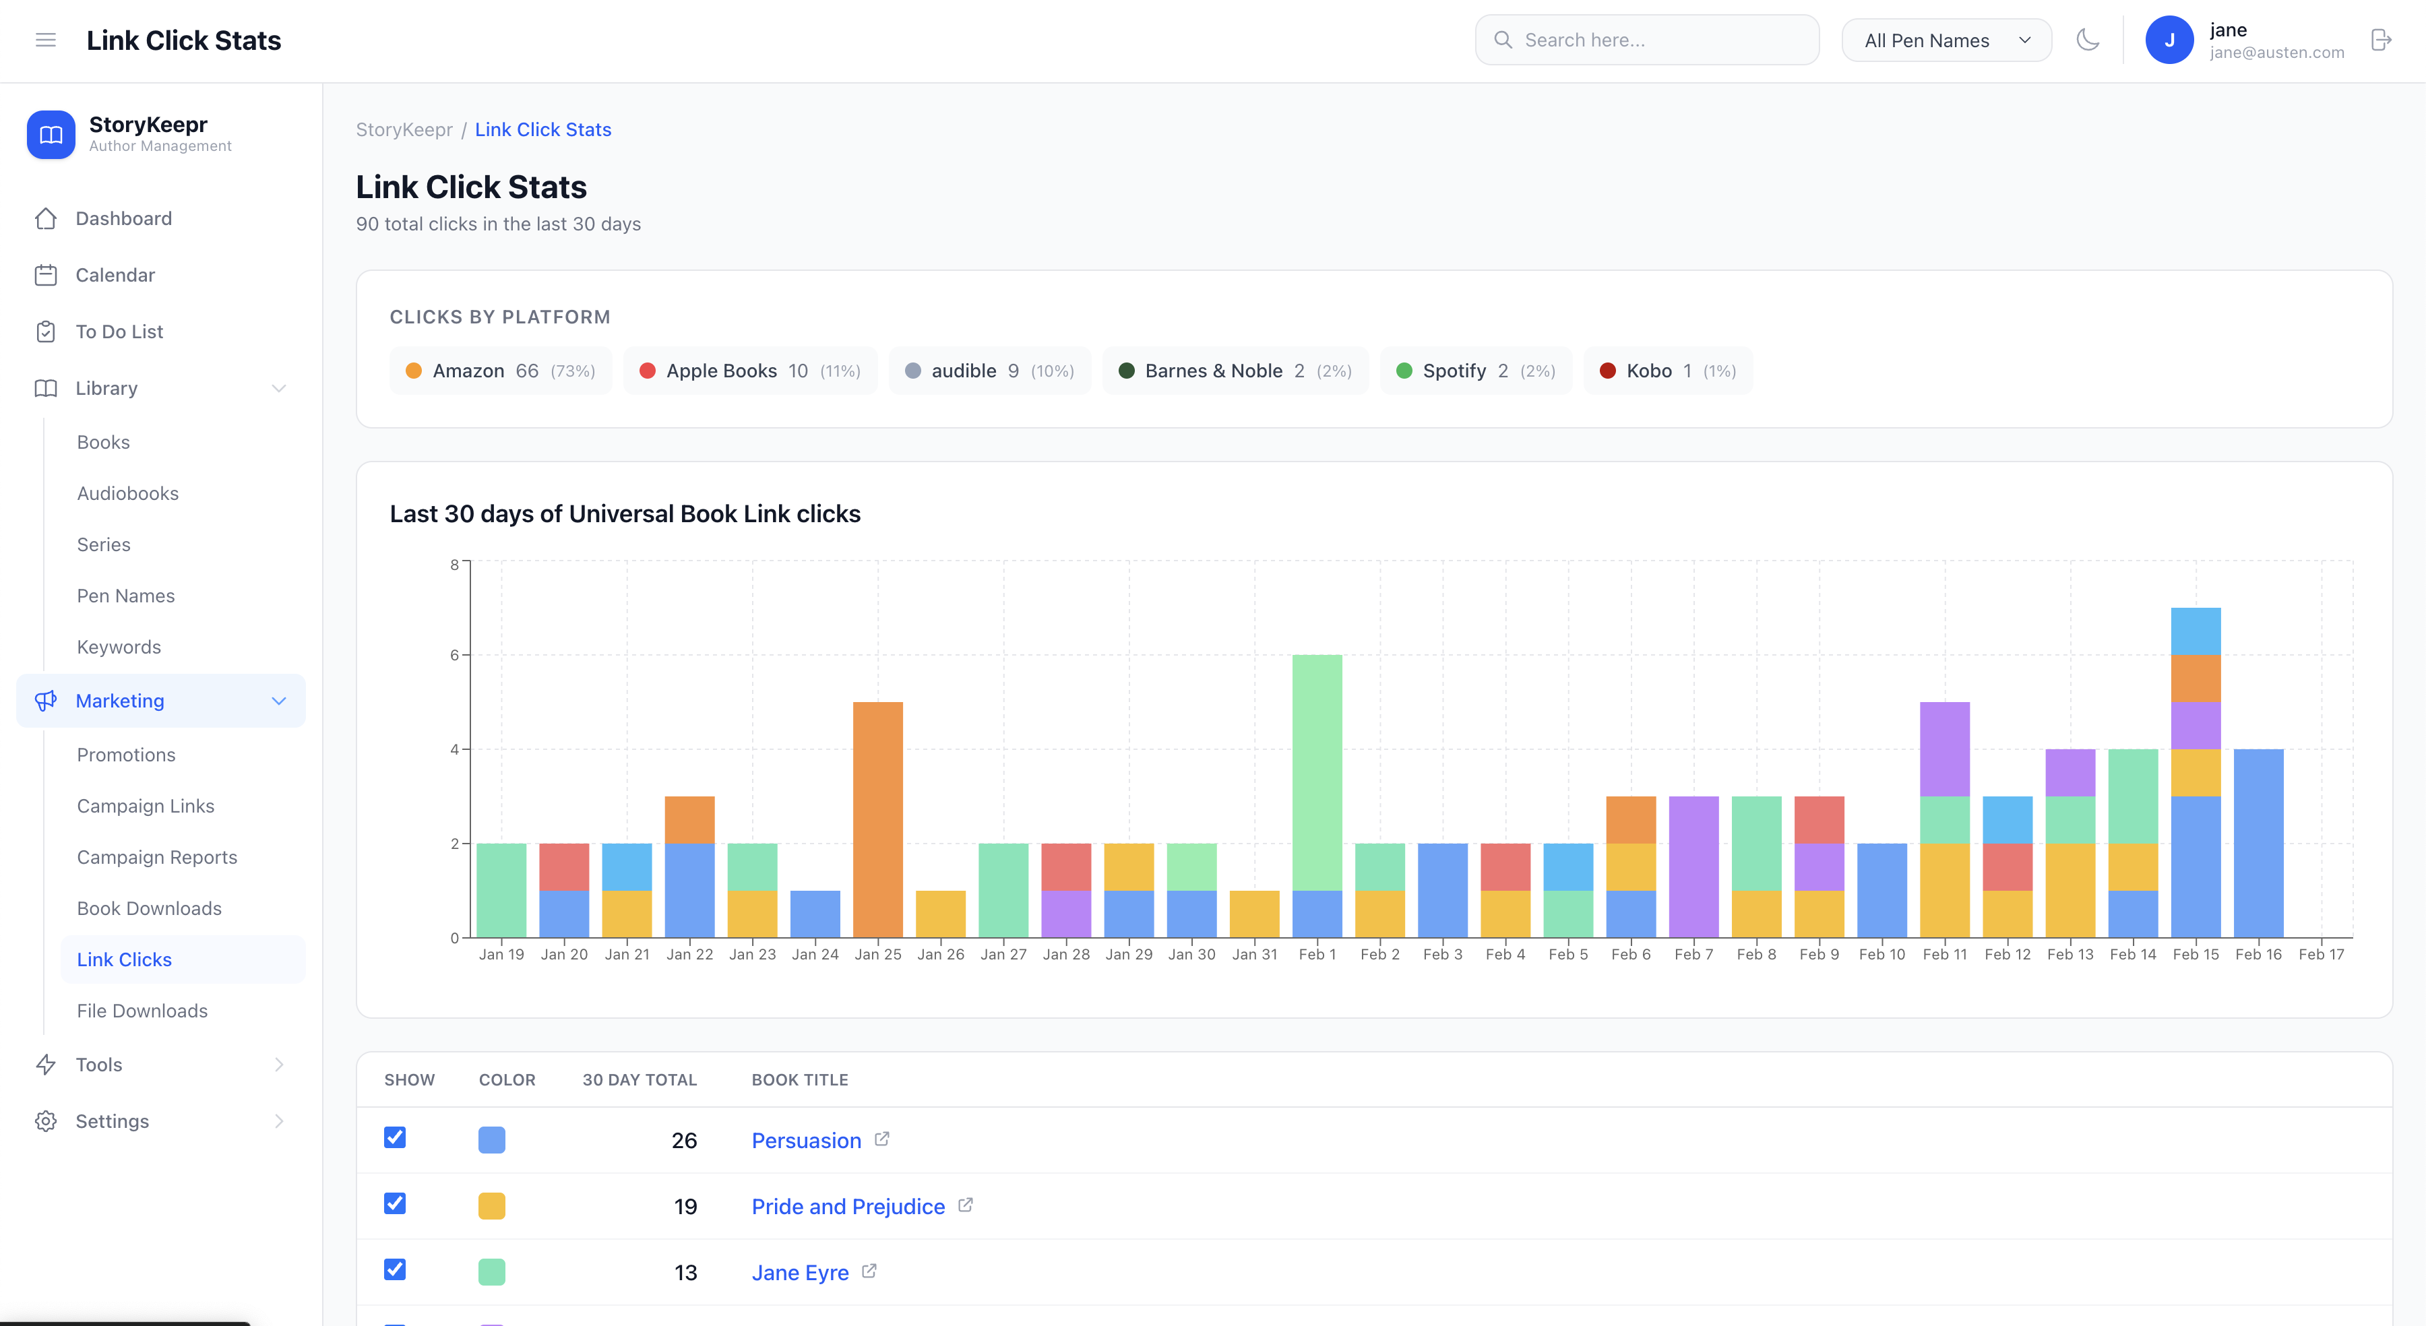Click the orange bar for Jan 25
point(877,819)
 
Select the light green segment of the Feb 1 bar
point(1317,772)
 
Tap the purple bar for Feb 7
point(1693,866)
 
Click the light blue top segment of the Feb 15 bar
point(2196,631)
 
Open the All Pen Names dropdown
point(1946,40)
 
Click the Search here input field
point(1648,40)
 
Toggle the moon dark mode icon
point(2088,40)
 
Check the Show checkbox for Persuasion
point(395,1137)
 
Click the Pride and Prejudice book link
point(848,1206)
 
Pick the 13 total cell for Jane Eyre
point(685,1272)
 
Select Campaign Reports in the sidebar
point(157,857)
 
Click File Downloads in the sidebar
point(142,1011)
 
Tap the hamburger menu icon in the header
point(45,40)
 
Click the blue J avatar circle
point(2169,40)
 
